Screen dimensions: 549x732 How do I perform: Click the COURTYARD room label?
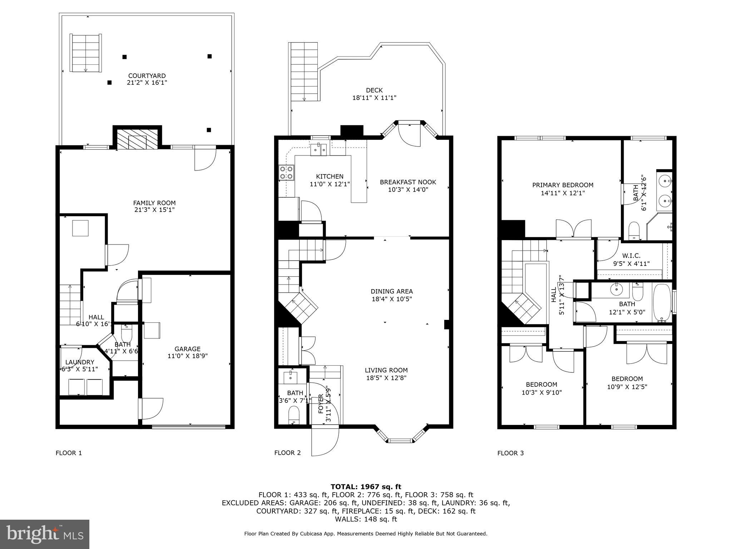point(147,76)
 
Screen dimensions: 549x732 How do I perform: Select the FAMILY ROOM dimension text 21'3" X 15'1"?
point(154,210)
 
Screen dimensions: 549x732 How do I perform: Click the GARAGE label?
point(187,349)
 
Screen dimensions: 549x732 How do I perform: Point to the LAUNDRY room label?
point(80,362)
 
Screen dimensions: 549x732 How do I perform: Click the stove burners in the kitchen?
point(287,172)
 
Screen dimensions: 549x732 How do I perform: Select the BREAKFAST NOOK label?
point(408,182)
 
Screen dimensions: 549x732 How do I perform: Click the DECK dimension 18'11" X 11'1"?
point(374,98)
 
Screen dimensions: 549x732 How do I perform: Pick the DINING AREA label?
point(392,291)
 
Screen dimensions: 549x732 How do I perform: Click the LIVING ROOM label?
point(386,370)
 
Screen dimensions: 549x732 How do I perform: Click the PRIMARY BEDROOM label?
point(563,185)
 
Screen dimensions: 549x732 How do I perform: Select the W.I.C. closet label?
point(631,256)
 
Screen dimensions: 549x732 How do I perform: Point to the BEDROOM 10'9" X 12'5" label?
point(627,379)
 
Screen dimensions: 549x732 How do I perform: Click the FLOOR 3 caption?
point(510,453)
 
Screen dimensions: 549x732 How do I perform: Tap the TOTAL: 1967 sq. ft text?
point(366,486)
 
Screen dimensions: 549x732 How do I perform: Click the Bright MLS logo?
point(45,534)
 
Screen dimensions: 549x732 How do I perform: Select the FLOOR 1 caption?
point(69,453)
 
